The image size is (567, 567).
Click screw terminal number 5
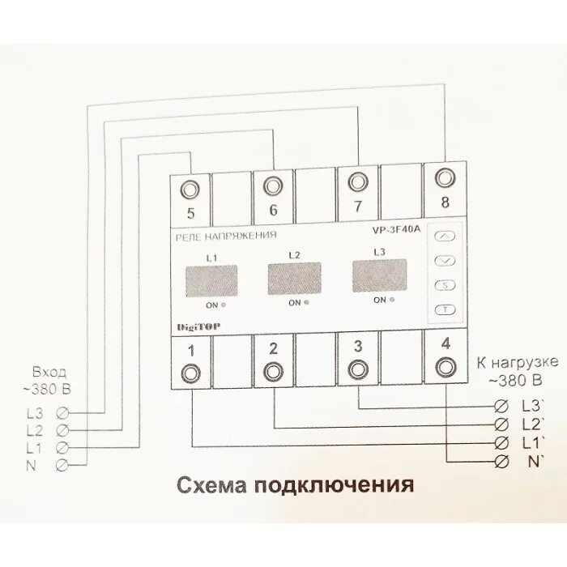(x=191, y=190)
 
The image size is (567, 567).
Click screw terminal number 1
(x=191, y=373)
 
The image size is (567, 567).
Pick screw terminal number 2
(x=273, y=373)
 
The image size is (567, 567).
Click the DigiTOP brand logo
(x=198, y=326)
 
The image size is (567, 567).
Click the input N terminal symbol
(x=62, y=465)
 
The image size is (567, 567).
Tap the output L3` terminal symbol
(x=501, y=405)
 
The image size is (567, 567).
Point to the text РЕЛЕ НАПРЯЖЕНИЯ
(x=226, y=237)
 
